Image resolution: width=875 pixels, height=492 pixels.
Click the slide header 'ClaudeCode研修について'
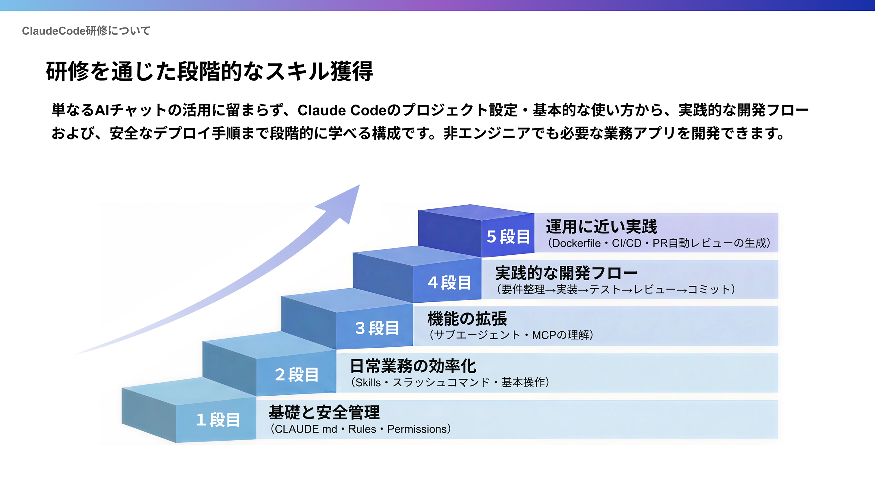click(x=86, y=31)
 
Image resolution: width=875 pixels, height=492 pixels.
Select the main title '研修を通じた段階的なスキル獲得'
click(x=209, y=71)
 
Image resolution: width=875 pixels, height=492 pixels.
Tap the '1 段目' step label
click(x=218, y=420)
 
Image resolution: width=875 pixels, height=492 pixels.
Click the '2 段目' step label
click(x=297, y=374)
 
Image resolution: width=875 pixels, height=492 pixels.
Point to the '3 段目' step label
click(x=377, y=328)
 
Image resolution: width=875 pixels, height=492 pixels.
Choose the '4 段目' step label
click(x=449, y=282)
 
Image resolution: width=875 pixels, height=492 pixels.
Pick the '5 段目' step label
click(x=508, y=236)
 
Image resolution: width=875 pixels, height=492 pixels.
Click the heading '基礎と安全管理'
click(x=324, y=412)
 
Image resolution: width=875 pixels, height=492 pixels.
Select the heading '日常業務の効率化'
click(x=413, y=366)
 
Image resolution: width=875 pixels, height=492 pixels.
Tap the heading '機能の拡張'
click(x=467, y=319)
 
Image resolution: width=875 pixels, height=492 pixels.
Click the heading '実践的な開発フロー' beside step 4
click(x=566, y=273)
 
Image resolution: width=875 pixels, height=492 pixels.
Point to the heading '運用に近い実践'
click(x=601, y=227)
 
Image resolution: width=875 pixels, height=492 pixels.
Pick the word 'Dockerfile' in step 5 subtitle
click(x=576, y=243)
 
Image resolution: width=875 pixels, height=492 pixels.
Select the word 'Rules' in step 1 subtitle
click(x=362, y=429)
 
